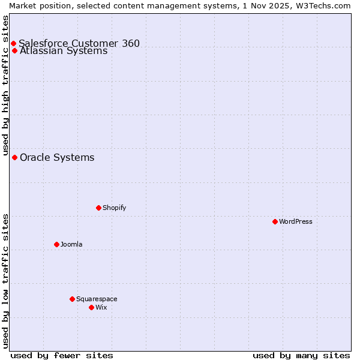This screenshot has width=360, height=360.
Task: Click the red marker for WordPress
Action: click(275, 221)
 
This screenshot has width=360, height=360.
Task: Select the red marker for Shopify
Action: click(98, 208)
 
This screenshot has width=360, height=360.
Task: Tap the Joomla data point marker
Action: click(56, 244)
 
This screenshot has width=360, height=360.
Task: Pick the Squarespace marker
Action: click(72, 299)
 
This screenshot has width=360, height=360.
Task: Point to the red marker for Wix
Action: click(91, 307)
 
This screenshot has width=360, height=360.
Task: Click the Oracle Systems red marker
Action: click(14, 157)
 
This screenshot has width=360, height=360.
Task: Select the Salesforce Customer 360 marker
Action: click(13, 43)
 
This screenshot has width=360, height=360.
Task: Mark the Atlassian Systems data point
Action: click(14, 50)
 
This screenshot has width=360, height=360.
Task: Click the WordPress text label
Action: click(296, 221)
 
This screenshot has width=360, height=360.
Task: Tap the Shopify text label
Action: click(114, 208)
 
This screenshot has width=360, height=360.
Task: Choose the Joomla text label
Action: click(71, 244)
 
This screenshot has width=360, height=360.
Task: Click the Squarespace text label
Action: click(97, 299)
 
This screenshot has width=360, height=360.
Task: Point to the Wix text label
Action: click(101, 307)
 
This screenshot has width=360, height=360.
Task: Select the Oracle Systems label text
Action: click(57, 157)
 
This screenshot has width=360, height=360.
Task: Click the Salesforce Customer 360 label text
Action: click(79, 43)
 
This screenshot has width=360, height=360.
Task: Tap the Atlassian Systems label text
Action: click(64, 51)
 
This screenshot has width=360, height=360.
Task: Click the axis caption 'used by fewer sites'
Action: click(62, 355)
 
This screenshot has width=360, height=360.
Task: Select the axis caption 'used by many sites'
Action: click(301, 355)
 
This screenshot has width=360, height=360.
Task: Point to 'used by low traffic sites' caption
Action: click(5, 281)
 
